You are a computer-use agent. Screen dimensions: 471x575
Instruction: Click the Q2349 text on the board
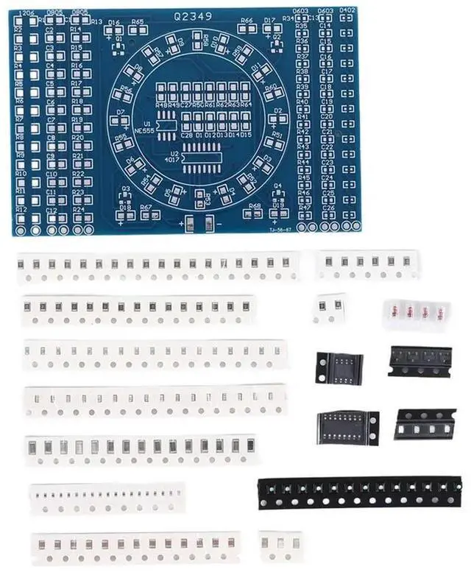pos(192,15)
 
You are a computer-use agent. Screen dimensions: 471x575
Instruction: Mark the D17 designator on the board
pos(269,20)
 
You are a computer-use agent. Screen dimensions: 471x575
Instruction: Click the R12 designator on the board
pos(21,210)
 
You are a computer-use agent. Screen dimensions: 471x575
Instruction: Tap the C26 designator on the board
pos(327,208)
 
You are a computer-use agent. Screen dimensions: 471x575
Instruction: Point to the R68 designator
pos(255,205)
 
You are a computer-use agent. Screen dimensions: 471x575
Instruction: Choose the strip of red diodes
pos(415,313)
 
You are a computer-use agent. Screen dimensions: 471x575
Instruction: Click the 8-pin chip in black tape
pos(339,367)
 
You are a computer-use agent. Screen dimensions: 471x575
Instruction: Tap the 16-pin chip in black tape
pos(348,427)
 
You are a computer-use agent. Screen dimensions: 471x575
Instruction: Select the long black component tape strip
pos(360,492)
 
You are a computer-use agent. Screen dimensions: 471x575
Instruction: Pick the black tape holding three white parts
pos(425,424)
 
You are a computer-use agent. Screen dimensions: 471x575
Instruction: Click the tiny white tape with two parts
pos(329,308)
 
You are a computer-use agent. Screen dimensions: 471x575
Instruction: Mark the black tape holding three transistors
pos(419,360)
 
